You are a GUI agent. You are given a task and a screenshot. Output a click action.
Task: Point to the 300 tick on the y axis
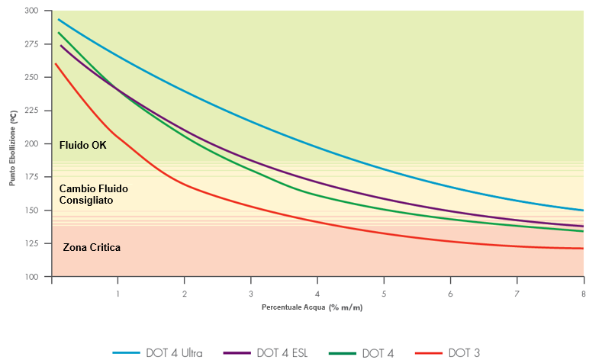[x=32, y=11]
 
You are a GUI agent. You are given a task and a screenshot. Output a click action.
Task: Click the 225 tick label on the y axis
[x=32, y=111]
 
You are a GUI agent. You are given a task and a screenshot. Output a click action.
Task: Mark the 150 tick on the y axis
[x=32, y=211]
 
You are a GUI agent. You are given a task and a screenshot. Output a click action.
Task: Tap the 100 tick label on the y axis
[x=32, y=277]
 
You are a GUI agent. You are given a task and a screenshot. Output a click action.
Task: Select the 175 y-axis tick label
[x=32, y=177]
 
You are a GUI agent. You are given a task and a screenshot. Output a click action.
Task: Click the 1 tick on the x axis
[x=118, y=294]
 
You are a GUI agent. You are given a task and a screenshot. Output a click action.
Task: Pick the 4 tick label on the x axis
[x=317, y=294]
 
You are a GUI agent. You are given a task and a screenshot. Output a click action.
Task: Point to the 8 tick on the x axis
[x=584, y=294]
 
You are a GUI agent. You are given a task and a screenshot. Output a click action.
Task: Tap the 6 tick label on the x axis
[x=450, y=294]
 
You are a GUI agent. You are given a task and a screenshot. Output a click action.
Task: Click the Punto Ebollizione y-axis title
[x=13, y=143]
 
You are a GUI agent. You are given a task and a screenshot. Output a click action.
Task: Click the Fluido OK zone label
[x=83, y=145]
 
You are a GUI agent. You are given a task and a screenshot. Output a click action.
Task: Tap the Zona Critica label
[x=92, y=248]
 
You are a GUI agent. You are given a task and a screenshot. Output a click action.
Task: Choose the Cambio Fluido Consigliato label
[x=94, y=194]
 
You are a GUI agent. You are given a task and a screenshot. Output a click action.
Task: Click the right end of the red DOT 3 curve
[x=583, y=248]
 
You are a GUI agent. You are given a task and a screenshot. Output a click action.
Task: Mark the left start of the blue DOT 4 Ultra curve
[x=58, y=19]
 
